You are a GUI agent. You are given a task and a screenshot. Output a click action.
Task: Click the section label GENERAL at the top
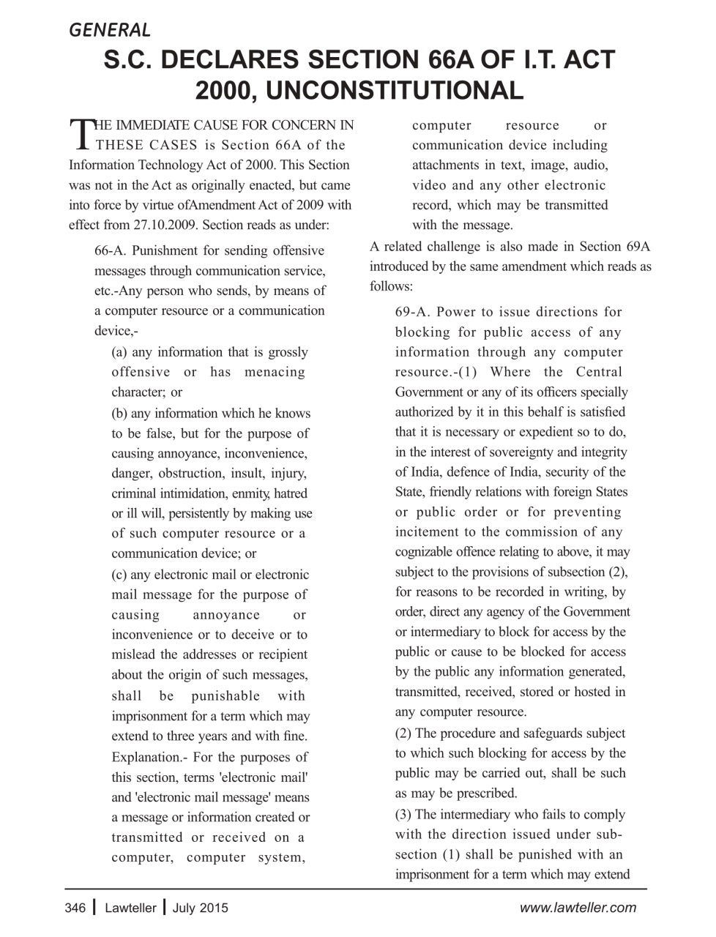(x=110, y=30)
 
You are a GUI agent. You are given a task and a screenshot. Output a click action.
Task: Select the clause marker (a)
(x=120, y=352)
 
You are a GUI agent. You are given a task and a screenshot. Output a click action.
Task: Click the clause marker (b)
(x=120, y=414)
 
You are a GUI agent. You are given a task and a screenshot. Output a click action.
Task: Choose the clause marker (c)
(x=120, y=575)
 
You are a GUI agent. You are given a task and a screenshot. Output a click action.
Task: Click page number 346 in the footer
(x=75, y=908)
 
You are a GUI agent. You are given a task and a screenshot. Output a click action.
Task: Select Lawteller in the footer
(x=130, y=908)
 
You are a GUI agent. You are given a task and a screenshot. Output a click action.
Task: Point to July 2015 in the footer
(x=200, y=908)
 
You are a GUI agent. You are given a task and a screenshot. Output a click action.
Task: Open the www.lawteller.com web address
(x=578, y=908)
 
